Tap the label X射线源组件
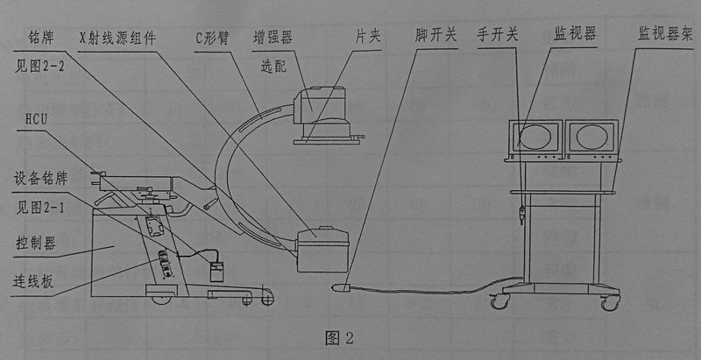(117, 39)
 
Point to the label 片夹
(368, 39)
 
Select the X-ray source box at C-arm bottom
(323, 250)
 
